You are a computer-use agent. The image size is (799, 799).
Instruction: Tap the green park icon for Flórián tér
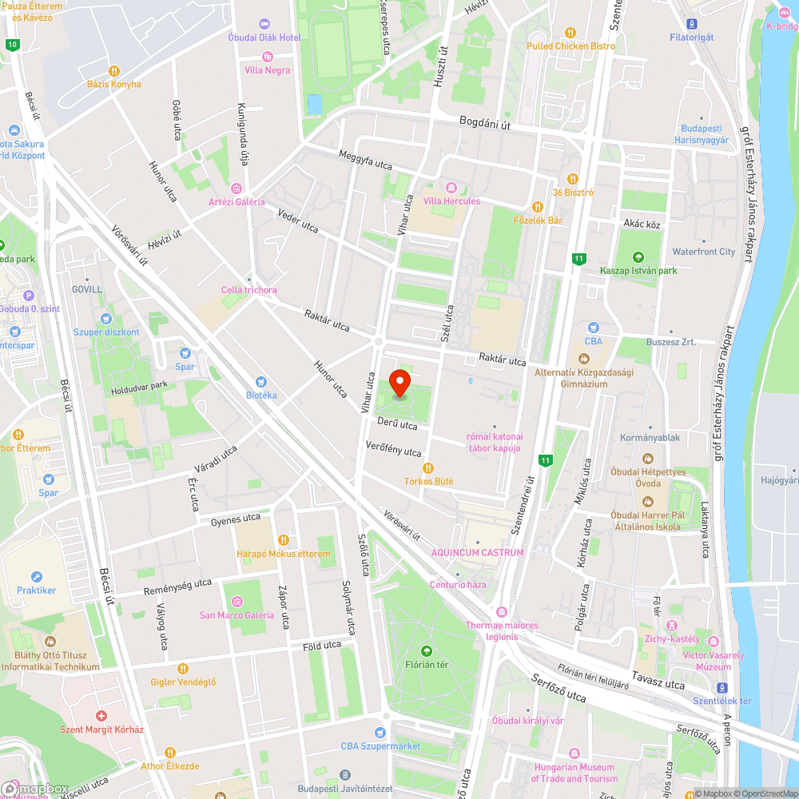(x=425, y=650)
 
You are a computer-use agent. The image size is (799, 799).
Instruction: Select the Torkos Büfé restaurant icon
(x=427, y=467)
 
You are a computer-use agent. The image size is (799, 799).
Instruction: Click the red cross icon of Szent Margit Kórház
(x=101, y=716)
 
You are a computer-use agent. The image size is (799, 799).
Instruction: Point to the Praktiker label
(x=37, y=590)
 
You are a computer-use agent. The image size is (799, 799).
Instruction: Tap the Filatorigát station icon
(x=691, y=23)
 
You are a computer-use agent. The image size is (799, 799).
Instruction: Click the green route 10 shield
(x=11, y=45)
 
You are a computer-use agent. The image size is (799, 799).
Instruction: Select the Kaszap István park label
(x=638, y=271)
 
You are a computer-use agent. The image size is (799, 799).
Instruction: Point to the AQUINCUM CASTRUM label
(x=477, y=552)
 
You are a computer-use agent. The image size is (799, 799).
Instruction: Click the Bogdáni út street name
(x=485, y=121)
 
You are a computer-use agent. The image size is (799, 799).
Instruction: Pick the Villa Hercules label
(x=451, y=201)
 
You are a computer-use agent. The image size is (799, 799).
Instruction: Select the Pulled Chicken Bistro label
(x=570, y=46)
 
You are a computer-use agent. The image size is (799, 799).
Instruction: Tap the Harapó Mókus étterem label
(x=283, y=554)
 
